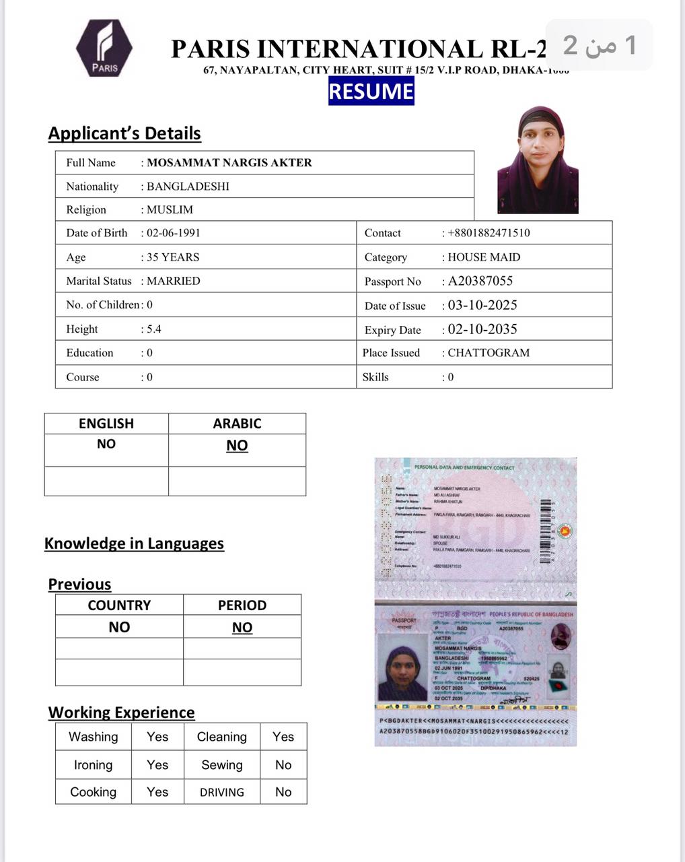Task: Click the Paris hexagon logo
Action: click(104, 48)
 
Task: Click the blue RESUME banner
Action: click(371, 92)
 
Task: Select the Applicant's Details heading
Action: click(124, 133)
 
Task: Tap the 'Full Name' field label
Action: click(91, 162)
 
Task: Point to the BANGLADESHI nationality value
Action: click(188, 187)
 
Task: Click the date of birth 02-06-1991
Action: click(173, 233)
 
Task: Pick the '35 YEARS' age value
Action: click(173, 257)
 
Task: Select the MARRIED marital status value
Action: click(173, 281)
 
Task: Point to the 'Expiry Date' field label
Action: click(393, 330)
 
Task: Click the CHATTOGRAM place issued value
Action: click(489, 353)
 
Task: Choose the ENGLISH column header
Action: click(106, 424)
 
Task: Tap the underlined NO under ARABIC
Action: click(237, 445)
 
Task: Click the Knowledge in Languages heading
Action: click(134, 543)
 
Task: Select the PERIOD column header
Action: click(242, 605)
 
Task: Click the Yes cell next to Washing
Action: click(157, 737)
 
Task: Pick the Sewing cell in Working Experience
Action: click(222, 765)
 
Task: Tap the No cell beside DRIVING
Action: click(283, 792)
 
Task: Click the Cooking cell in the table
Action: click(94, 792)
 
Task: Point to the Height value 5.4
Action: click(154, 329)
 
